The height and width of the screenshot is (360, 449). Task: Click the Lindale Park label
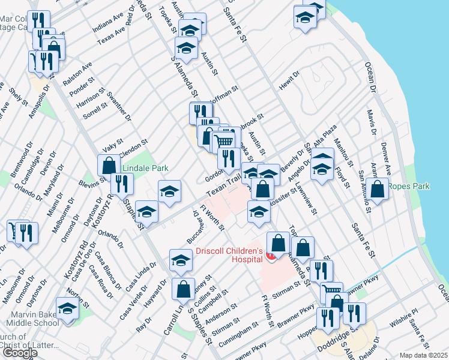(x=146, y=169)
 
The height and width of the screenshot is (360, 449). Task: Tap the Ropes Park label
(x=409, y=187)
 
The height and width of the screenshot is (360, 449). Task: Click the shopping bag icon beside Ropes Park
(x=378, y=190)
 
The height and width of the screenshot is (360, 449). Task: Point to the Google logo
(x=19, y=353)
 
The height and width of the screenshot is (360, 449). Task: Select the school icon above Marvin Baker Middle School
(x=68, y=309)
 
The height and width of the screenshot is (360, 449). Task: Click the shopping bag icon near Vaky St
(x=109, y=165)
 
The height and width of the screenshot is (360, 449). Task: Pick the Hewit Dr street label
(x=289, y=82)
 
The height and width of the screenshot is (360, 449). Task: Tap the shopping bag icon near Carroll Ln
(x=183, y=289)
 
